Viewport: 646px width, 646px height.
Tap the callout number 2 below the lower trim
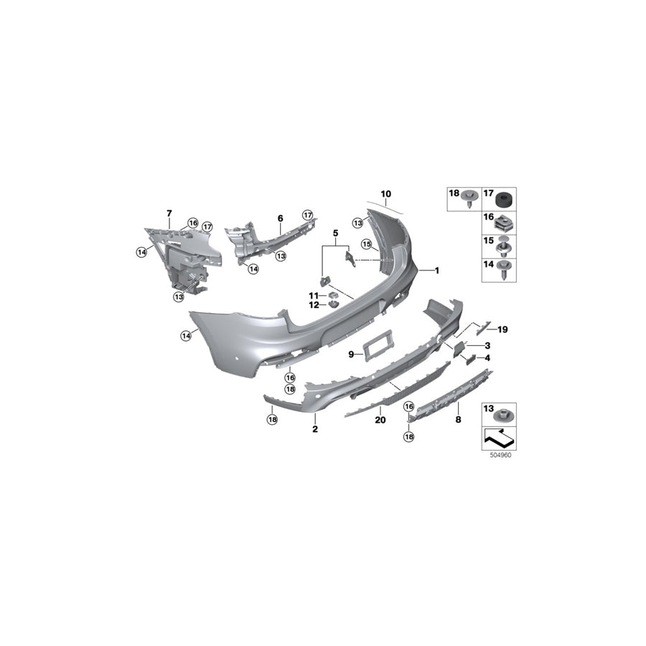coord(314,429)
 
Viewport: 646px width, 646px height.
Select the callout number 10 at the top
coord(386,194)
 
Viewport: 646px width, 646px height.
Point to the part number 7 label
coord(169,213)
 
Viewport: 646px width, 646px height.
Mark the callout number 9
coord(352,354)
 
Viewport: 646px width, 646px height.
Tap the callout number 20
coord(380,420)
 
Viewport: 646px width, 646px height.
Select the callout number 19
coord(502,329)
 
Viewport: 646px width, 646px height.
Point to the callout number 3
coord(487,345)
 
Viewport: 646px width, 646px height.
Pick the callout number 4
coord(487,357)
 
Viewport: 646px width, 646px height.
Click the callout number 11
coord(313,296)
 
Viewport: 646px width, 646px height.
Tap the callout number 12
coord(313,305)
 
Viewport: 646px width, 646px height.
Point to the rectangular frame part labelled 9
coord(378,346)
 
